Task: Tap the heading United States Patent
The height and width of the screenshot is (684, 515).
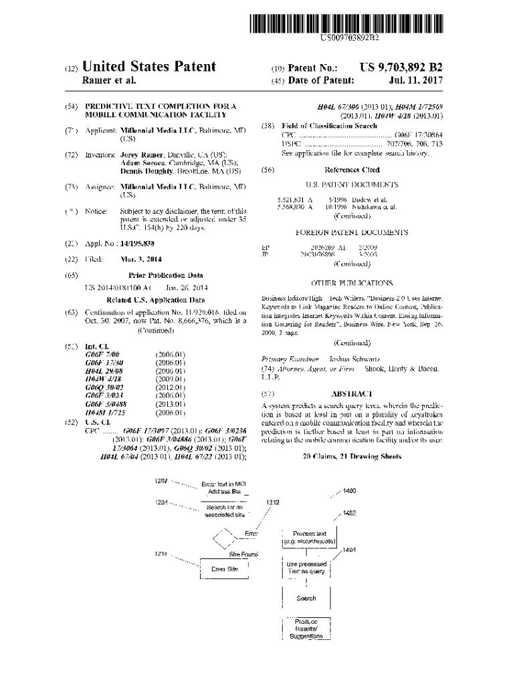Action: (x=148, y=67)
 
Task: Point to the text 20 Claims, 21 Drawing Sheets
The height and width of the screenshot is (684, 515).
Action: (x=352, y=456)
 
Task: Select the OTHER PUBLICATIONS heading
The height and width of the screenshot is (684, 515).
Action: (x=352, y=283)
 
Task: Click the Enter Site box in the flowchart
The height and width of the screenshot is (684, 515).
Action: (x=225, y=568)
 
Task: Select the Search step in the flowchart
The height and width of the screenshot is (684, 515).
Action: (x=306, y=598)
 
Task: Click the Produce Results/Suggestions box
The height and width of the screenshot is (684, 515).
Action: (x=306, y=629)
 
